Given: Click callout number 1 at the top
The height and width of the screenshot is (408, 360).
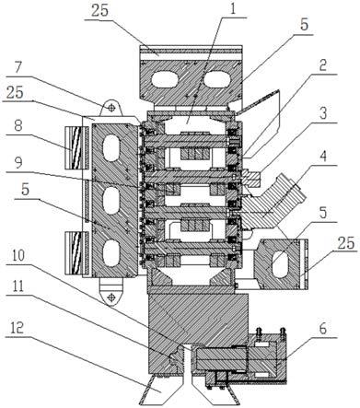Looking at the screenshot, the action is point(233,10).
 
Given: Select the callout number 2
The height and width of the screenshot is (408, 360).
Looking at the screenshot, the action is point(322,66).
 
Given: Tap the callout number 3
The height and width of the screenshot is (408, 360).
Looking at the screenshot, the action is point(322,114).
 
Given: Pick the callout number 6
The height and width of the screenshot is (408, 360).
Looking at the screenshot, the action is point(322,330).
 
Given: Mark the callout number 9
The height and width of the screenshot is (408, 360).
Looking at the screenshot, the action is point(18,163).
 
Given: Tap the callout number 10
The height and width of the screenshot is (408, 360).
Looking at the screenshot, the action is point(19,257).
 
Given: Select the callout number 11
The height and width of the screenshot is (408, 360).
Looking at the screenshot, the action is point(17,286).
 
